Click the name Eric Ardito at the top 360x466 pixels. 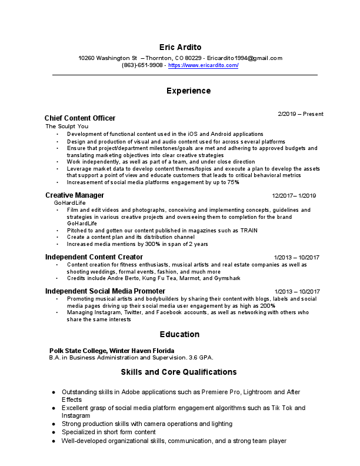pyautogui.click(x=180, y=46)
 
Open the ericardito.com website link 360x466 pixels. pyautogui.click(x=203, y=65)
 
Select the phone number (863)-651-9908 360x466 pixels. pyautogui.click(x=142, y=65)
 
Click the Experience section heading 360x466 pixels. pyautogui.click(x=188, y=91)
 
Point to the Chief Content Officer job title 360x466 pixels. pyautogui.click(x=80, y=118)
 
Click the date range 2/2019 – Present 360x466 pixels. pyautogui.click(x=301, y=114)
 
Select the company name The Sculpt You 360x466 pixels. pyautogui.click(x=67, y=127)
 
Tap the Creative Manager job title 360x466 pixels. pyautogui.click(x=75, y=195)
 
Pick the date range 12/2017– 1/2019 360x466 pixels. pyautogui.click(x=294, y=195)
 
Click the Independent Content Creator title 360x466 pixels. pyautogui.click(x=94, y=257)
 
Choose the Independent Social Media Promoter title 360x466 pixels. pyautogui.click(x=105, y=291)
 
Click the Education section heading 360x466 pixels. pyautogui.click(x=180, y=334)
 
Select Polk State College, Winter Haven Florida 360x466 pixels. pyautogui.click(x=108, y=350)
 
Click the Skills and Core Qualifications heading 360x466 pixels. pyautogui.click(x=179, y=372)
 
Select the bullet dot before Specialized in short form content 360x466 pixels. pyautogui.click(x=54, y=432)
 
